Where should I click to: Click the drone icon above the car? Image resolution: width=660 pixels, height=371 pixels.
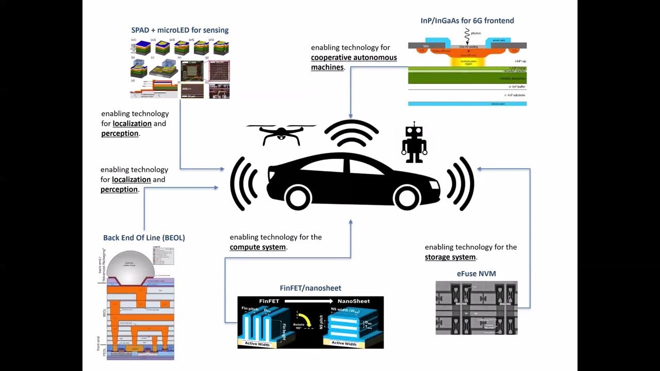pyautogui.click(x=280, y=133)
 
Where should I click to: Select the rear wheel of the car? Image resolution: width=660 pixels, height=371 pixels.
pyautogui.click(x=300, y=196)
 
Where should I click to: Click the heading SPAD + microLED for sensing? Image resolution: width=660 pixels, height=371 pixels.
pyautogui.click(x=179, y=30)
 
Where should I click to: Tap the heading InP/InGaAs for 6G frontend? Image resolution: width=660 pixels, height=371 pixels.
pyautogui.click(x=467, y=21)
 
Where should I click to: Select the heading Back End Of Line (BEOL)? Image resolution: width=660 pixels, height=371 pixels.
pyautogui.click(x=144, y=238)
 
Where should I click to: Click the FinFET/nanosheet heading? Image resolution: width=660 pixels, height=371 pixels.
pyautogui.click(x=310, y=288)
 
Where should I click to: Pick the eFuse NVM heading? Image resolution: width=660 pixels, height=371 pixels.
pyautogui.click(x=476, y=274)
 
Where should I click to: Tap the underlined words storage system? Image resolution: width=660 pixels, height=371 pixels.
pyautogui.click(x=450, y=257)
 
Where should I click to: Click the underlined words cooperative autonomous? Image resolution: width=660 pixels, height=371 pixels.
pyautogui.click(x=354, y=57)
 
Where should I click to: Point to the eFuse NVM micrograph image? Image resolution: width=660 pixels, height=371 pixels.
pyautogui.click(x=476, y=308)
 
